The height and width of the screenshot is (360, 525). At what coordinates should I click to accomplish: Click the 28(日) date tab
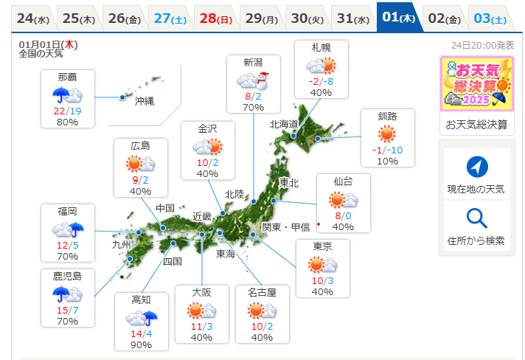click(215, 18)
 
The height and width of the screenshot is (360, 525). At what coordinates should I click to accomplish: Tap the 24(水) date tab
click(32, 18)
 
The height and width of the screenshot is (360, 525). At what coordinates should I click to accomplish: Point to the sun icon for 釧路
click(387, 134)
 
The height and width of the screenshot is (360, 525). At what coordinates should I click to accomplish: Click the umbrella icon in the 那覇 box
click(61, 94)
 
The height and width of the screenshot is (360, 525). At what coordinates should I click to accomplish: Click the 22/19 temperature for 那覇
click(67, 110)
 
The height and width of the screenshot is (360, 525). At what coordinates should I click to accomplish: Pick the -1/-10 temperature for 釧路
click(387, 150)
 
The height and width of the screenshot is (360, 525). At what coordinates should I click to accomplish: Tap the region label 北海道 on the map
click(283, 124)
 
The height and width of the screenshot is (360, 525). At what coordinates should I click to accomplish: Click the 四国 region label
click(172, 261)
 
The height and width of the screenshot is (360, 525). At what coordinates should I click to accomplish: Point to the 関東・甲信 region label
click(286, 226)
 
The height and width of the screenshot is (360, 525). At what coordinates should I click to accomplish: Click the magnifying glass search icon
click(477, 218)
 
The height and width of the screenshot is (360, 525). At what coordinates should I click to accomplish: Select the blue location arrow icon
click(477, 167)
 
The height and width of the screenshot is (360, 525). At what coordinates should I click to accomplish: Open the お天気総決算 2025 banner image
click(476, 83)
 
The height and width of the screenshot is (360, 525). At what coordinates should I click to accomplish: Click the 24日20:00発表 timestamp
click(482, 45)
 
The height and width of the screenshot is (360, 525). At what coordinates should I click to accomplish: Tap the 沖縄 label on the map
click(145, 101)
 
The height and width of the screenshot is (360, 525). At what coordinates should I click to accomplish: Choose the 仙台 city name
click(343, 181)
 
